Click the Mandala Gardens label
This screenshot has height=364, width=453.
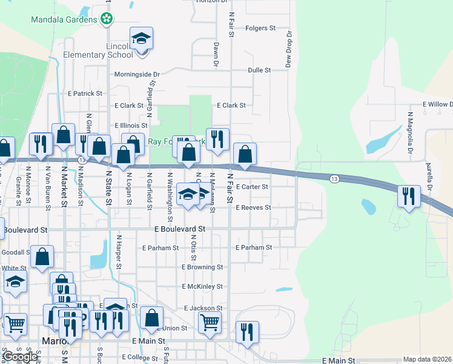pyautogui.click(x=64, y=19)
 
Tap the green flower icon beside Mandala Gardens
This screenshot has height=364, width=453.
pyautogui.click(x=107, y=19)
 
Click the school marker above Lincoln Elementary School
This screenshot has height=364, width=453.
pyautogui.click(x=141, y=39)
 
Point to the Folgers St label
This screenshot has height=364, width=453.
pyautogui.click(x=260, y=28)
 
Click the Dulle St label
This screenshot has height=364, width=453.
pyautogui.click(x=259, y=70)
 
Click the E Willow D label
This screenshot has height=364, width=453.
pyautogui.click(x=437, y=104)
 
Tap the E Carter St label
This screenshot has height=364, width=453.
pyautogui.click(x=252, y=187)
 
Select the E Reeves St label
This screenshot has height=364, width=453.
pyautogui.click(x=253, y=207)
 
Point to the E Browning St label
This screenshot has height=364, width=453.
pyautogui.click(x=202, y=267)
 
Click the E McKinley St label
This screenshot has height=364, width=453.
pyautogui.click(x=202, y=286)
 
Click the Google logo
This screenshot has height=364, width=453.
pyautogui.click(x=21, y=357)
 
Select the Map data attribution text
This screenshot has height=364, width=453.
pyautogui.click(x=427, y=359)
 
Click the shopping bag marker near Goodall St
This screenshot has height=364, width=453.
pyautogui.click(x=42, y=257)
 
